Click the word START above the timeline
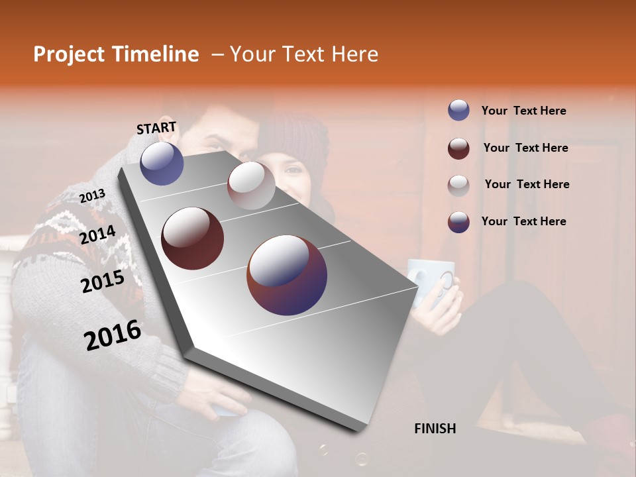pyautogui.click(x=156, y=127)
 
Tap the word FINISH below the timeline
pyautogui.click(x=435, y=429)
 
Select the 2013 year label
pyautogui.click(x=92, y=196)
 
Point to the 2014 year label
pyautogui.click(x=97, y=235)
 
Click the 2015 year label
pyautogui.click(x=102, y=282)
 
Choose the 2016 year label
pyautogui.click(x=113, y=335)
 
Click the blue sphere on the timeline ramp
pyautogui.click(x=162, y=163)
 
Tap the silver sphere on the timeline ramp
pyautogui.click(x=251, y=185)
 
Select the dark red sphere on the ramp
pyautogui.click(x=193, y=238)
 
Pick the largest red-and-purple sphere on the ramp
pyautogui.click(x=287, y=274)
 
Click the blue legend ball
pyautogui.click(x=458, y=111)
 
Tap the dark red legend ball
pyautogui.click(x=458, y=148)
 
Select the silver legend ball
pyautogui.click(x=458, y=185)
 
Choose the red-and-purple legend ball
pyautogui.click(x=458, y=221)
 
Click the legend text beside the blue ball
pyautogui.click(x=523, y=111)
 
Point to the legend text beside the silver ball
pyautogui.click(x=527, y=184)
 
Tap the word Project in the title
pyautogui.click(x=69, y=54)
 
